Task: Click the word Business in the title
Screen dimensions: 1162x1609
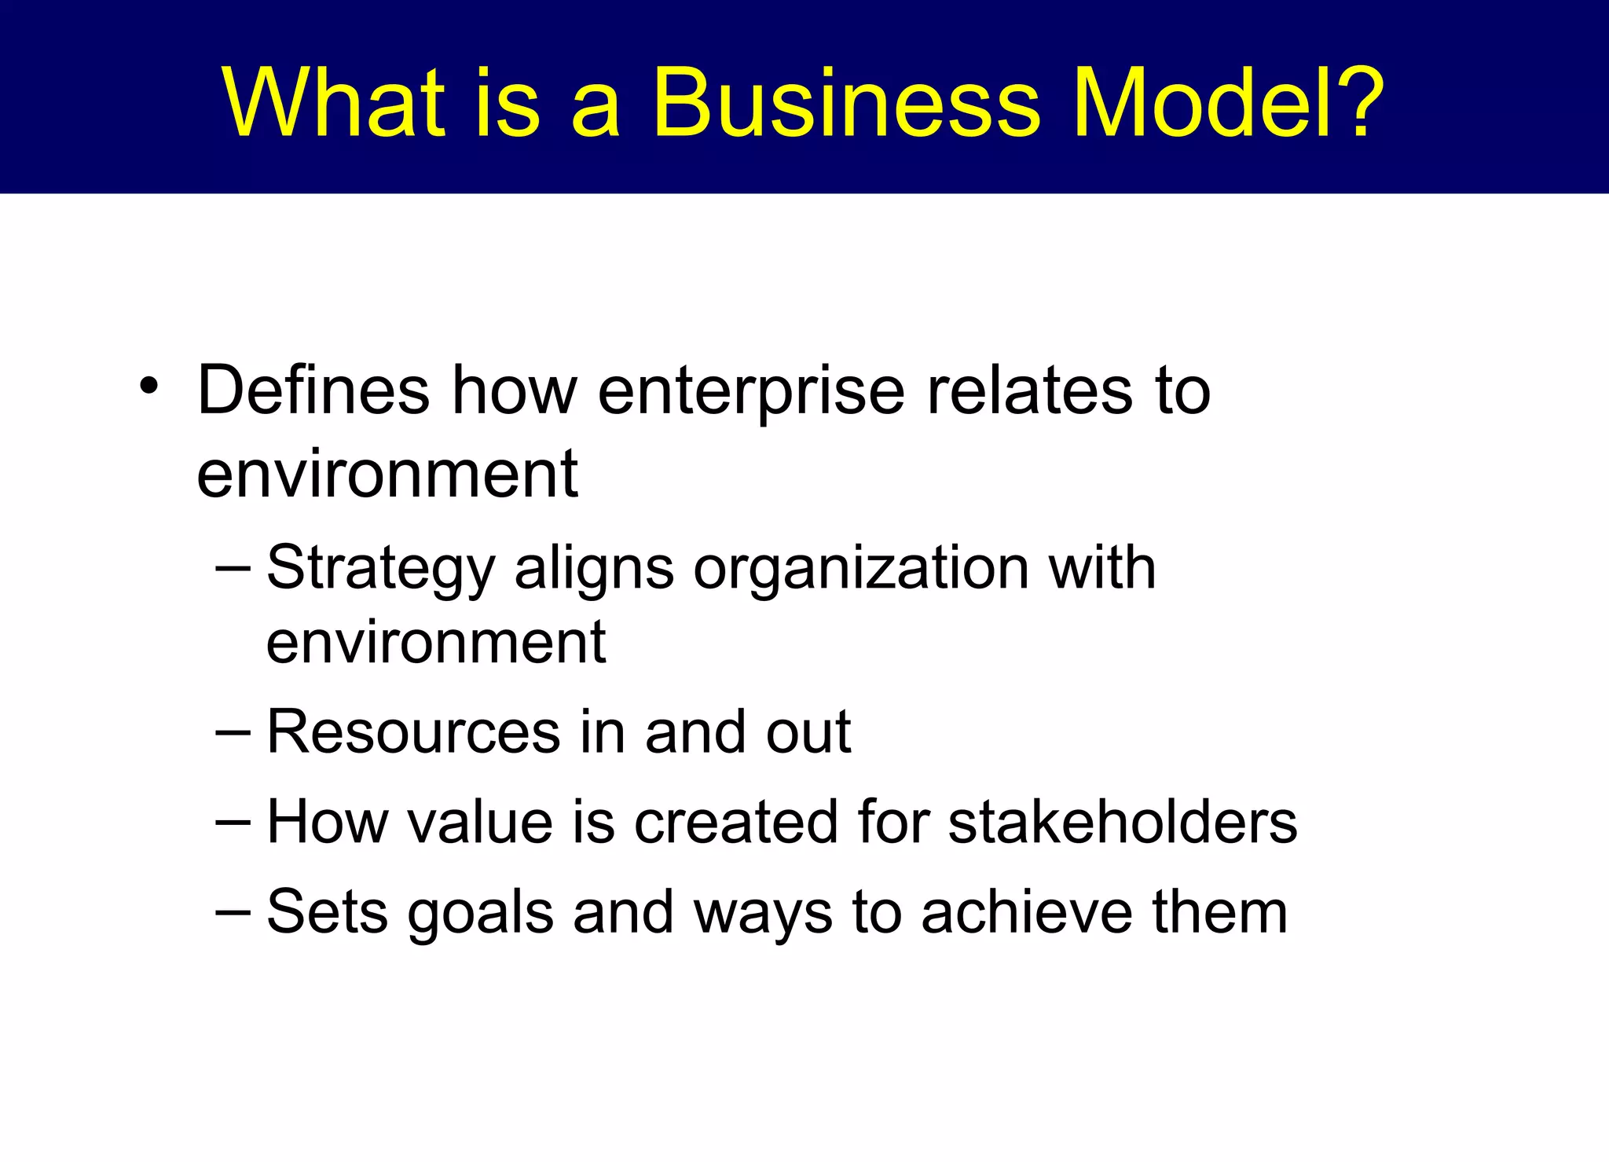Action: (846, 102)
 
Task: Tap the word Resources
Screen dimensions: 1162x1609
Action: (412, 732)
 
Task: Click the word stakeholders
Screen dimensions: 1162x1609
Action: (1123, 822)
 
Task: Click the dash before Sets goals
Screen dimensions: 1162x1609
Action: (233, 911)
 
